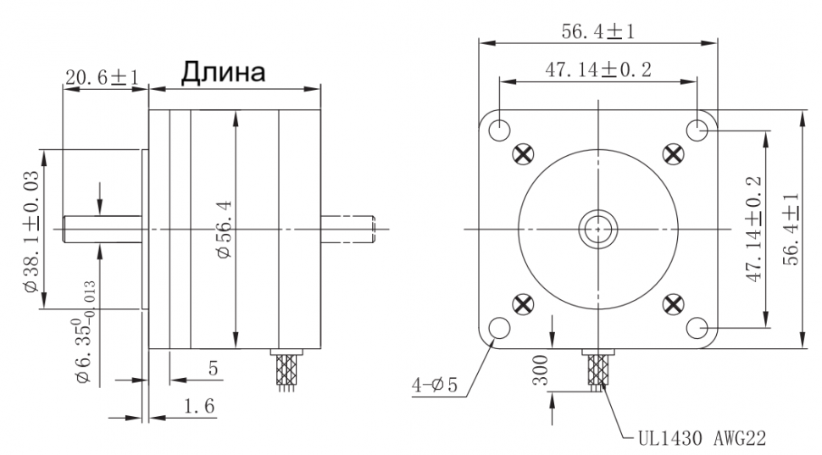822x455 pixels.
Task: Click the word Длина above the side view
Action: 224,72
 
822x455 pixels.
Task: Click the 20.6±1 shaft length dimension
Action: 102,78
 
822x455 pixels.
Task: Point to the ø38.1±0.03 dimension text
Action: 31,231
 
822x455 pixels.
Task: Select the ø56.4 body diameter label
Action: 224,229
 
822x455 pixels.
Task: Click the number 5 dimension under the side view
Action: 213,368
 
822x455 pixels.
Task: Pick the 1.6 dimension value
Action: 199,406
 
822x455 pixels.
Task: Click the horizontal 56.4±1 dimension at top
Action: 597,31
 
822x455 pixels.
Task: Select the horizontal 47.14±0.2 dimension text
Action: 598,69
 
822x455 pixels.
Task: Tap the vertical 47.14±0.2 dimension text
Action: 754,229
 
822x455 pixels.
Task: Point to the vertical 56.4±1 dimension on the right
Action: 791,229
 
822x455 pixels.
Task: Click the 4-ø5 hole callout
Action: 435,386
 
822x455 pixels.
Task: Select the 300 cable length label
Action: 541,370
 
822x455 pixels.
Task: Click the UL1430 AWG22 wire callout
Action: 702,437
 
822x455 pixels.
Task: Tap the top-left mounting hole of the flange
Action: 500,129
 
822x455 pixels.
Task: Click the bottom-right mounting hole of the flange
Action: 697,329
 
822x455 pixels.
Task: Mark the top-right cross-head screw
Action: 674,154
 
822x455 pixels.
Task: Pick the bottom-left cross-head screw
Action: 523,304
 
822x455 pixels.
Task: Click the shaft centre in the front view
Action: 598,229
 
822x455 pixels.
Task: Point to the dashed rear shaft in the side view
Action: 348,230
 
